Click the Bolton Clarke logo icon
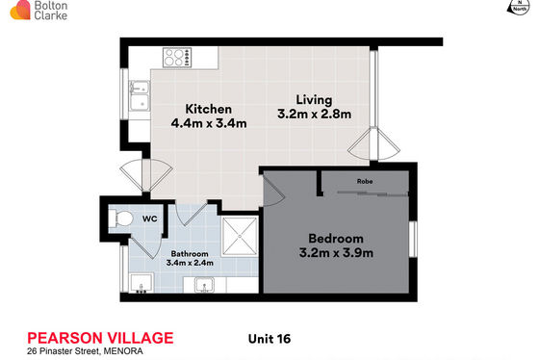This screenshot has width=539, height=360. tap(20, 10)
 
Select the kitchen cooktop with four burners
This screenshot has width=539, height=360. tap(177, 58)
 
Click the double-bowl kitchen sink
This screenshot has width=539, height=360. tap(140, 95)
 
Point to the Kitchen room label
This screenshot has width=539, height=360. tap(208, 109)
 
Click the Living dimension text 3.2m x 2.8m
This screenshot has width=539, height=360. tap(314, 114)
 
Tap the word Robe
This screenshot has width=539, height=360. tap(365, 181)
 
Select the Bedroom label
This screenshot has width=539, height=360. tap(336, 239)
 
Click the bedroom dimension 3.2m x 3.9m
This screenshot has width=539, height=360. tap(336, 253)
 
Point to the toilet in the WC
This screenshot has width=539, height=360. tap(121, 219)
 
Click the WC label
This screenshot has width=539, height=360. tap(150, 219)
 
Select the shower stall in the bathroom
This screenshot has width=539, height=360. tap(240, 237)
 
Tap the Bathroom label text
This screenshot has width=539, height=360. tap(190, 254)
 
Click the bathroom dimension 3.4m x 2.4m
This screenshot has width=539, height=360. tap(190, 263)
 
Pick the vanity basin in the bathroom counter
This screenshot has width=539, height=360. tap(204, 285)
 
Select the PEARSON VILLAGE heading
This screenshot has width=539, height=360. tap(100, 338)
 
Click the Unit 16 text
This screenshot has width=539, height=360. tap(269, 339)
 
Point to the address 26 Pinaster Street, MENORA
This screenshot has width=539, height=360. tap(85, 351)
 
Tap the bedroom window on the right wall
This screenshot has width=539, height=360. tap(413, 240)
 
